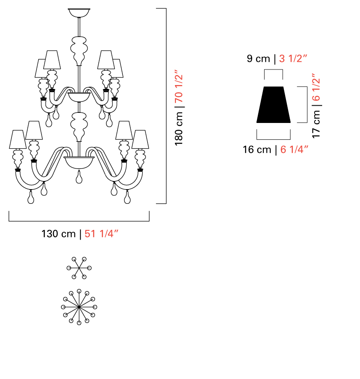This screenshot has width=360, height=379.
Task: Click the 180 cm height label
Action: tap(179, 129)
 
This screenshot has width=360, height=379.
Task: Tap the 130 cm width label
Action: tap(59, 234)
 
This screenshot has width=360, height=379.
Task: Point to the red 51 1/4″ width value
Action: tap(101, 234)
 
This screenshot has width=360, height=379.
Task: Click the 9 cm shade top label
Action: tap(258, 59)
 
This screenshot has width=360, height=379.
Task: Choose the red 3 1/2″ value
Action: tap(293, 59)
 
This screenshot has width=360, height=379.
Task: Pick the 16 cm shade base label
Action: tap(257, 149)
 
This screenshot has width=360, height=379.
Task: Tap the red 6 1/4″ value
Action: tap(294, 149)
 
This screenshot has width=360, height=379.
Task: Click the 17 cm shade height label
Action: tap(316, 124)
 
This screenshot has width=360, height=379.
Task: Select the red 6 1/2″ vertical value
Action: tap(316, 87)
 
